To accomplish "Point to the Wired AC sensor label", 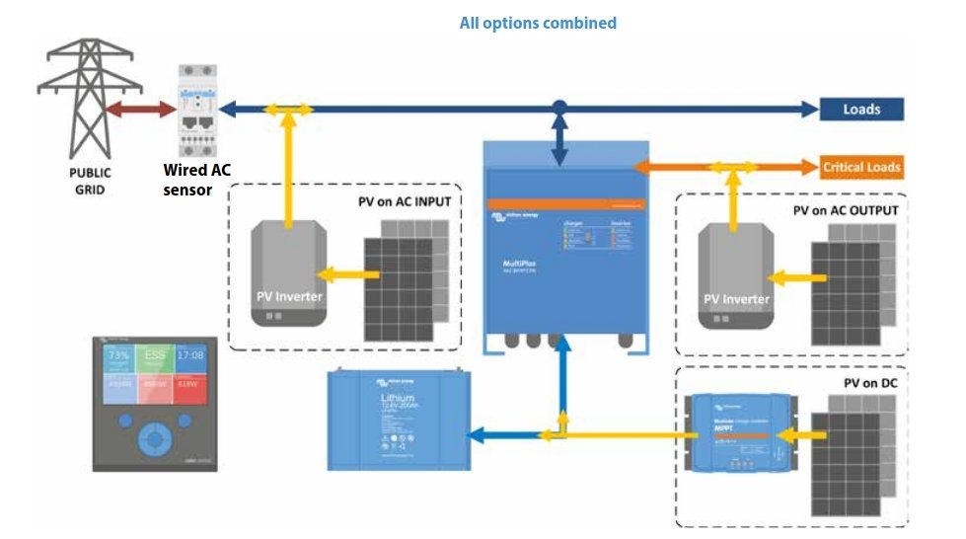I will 198,179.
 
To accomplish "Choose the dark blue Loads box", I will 861,109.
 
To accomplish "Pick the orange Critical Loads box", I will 861,167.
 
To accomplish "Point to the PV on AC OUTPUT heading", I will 846,211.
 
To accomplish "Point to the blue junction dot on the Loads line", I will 559,107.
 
